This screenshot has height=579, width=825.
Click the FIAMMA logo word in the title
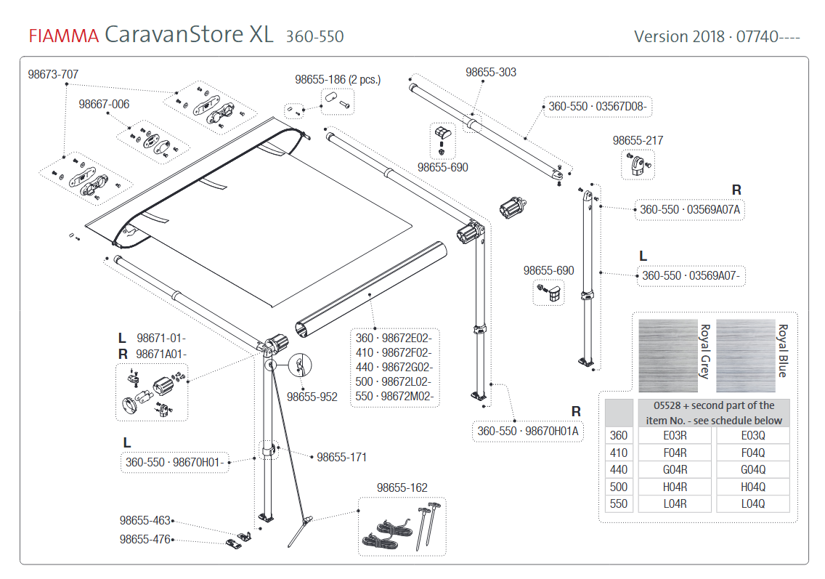(63, 36)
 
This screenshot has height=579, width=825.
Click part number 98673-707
(53, 74)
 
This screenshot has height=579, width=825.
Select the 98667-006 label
(104, 105)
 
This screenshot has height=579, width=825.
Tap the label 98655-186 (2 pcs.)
(338, 79)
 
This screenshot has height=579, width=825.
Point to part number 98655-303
(491, 72)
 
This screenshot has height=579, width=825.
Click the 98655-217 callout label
(638, 140)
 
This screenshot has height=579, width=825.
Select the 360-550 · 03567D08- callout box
(597, 107)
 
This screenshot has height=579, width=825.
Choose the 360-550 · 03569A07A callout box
(690, 210)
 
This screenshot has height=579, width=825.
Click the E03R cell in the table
(675, 435)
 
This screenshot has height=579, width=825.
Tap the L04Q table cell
(752, 503)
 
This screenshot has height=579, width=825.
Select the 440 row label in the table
(619, 469)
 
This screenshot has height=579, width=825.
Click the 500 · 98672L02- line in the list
(394, 381)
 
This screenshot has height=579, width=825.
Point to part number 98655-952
(312, 397)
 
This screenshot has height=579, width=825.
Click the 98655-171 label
(341, 457)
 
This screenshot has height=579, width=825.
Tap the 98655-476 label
(145, 540)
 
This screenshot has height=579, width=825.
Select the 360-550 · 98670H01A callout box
(528, 431)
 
